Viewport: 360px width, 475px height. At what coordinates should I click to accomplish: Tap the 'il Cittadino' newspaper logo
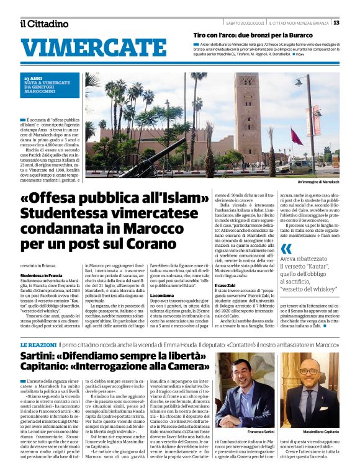(44, 24)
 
